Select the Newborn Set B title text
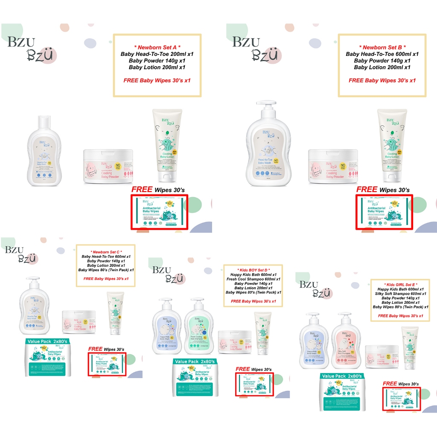382,47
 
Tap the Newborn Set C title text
106,251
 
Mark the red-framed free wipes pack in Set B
385,212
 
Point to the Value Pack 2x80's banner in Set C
46,342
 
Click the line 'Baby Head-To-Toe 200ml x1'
157,54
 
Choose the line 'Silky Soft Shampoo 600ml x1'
400,294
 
